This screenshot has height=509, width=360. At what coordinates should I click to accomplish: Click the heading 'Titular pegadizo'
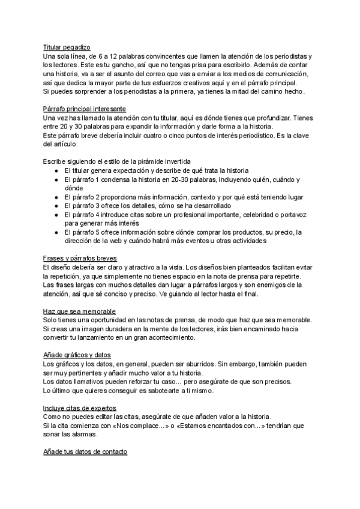click(x=67, y=46)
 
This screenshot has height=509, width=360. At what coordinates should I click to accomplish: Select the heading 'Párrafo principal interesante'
click(x=84, y=109)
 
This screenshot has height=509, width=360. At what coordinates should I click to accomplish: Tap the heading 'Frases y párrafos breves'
click(x=80, y=257)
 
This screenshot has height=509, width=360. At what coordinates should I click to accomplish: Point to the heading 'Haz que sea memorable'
click(x=79, y=311)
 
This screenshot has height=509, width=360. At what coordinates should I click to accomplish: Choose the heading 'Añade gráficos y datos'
click(x=77, y=355)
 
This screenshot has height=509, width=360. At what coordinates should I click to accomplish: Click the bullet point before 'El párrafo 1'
click(x=56, y=180)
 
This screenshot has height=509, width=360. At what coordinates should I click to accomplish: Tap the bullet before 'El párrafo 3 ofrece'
click(x=56, y=206)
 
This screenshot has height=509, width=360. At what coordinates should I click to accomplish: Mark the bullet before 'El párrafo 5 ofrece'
click(x=56, y=233)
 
